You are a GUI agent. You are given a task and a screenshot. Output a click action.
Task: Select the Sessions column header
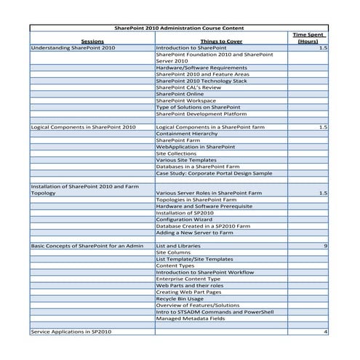(92, 41)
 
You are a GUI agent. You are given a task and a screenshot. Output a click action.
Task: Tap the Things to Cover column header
(221, 41)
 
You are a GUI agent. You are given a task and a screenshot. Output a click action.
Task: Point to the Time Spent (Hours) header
(308, 38)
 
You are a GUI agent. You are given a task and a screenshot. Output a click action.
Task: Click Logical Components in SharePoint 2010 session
(83, 127)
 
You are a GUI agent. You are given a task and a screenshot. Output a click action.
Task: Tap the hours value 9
(325, 246)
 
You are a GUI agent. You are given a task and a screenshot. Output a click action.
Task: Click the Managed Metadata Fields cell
(196, 318)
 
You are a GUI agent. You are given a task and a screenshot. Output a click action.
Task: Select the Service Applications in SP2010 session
(72, 331)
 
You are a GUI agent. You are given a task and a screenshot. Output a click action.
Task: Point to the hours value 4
(325, 331)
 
